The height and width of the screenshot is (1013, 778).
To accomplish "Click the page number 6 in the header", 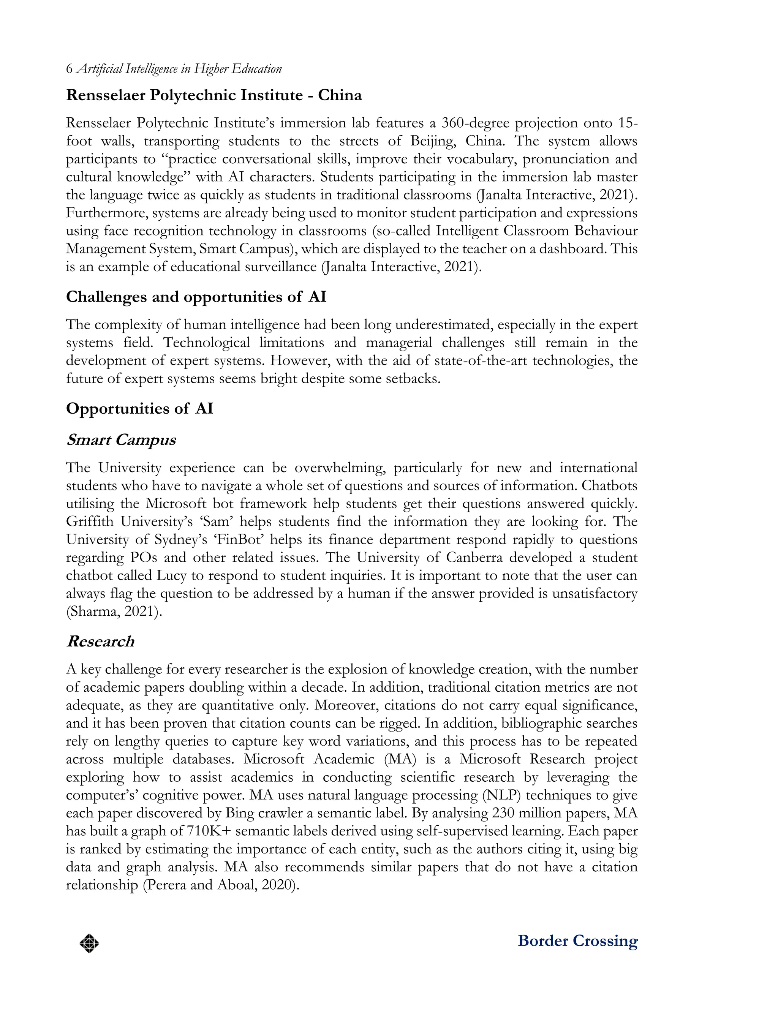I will coord(70,70).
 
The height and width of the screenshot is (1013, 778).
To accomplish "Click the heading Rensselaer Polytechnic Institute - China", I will coord(213,95).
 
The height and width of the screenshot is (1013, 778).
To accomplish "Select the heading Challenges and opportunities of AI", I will coord(196,297).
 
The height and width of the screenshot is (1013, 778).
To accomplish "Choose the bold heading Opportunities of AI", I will coord(139,409).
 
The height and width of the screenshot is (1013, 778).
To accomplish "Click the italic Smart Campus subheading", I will coord(121,440).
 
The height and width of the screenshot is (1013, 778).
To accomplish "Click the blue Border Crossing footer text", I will coord(577,941).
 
